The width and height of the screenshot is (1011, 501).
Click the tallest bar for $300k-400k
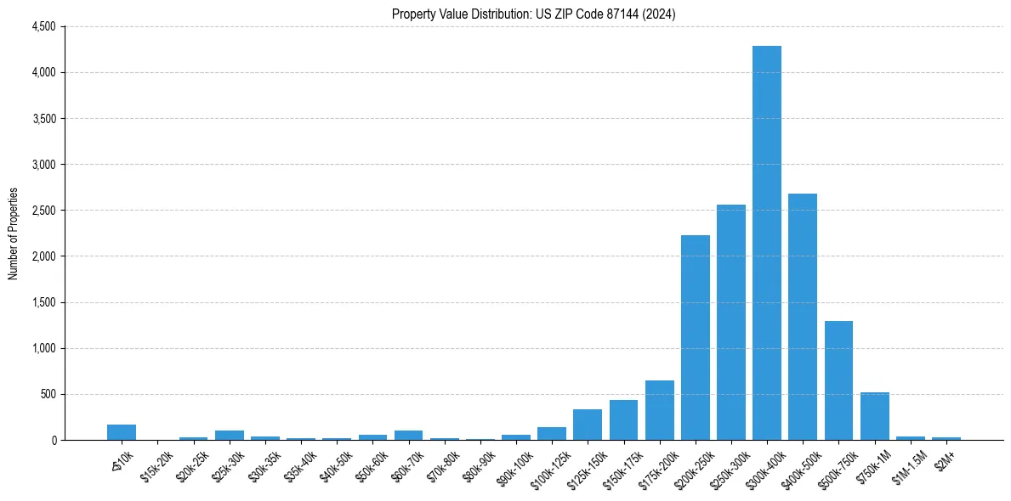[x=767, y=243]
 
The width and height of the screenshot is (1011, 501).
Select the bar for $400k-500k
[x=803, y=317]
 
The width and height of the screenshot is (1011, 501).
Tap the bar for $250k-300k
[x=731, y=323]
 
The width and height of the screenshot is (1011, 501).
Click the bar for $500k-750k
[x=838, y=380]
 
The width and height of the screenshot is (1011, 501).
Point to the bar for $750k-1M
[x=874, y=416]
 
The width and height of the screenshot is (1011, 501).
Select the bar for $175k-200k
[x=660, y=410]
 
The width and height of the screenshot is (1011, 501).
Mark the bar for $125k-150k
[x=588, y=425]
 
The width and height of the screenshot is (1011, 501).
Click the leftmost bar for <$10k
[x=122, y=432]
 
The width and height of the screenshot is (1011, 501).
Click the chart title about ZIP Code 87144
[x=533, y=14]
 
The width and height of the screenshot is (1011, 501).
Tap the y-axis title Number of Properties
[x=14, y=234]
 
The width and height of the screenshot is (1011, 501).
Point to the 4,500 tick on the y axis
[x=43, y=27]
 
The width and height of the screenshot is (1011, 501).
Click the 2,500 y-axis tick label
[x=43, y=211]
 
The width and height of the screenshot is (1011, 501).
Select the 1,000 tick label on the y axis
[x=43, y=348]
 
